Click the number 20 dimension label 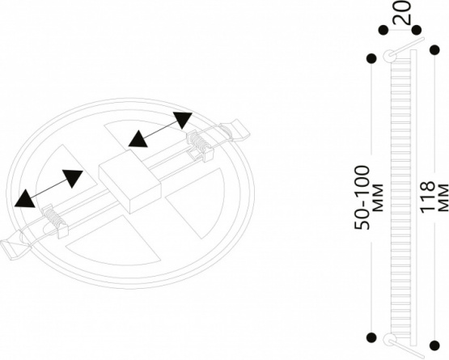402,12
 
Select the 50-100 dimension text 362,197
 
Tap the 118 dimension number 427,197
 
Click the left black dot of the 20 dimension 383,29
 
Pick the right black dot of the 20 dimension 417,29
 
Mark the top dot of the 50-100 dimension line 371,58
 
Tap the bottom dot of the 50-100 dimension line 371,337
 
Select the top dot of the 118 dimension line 434,50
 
